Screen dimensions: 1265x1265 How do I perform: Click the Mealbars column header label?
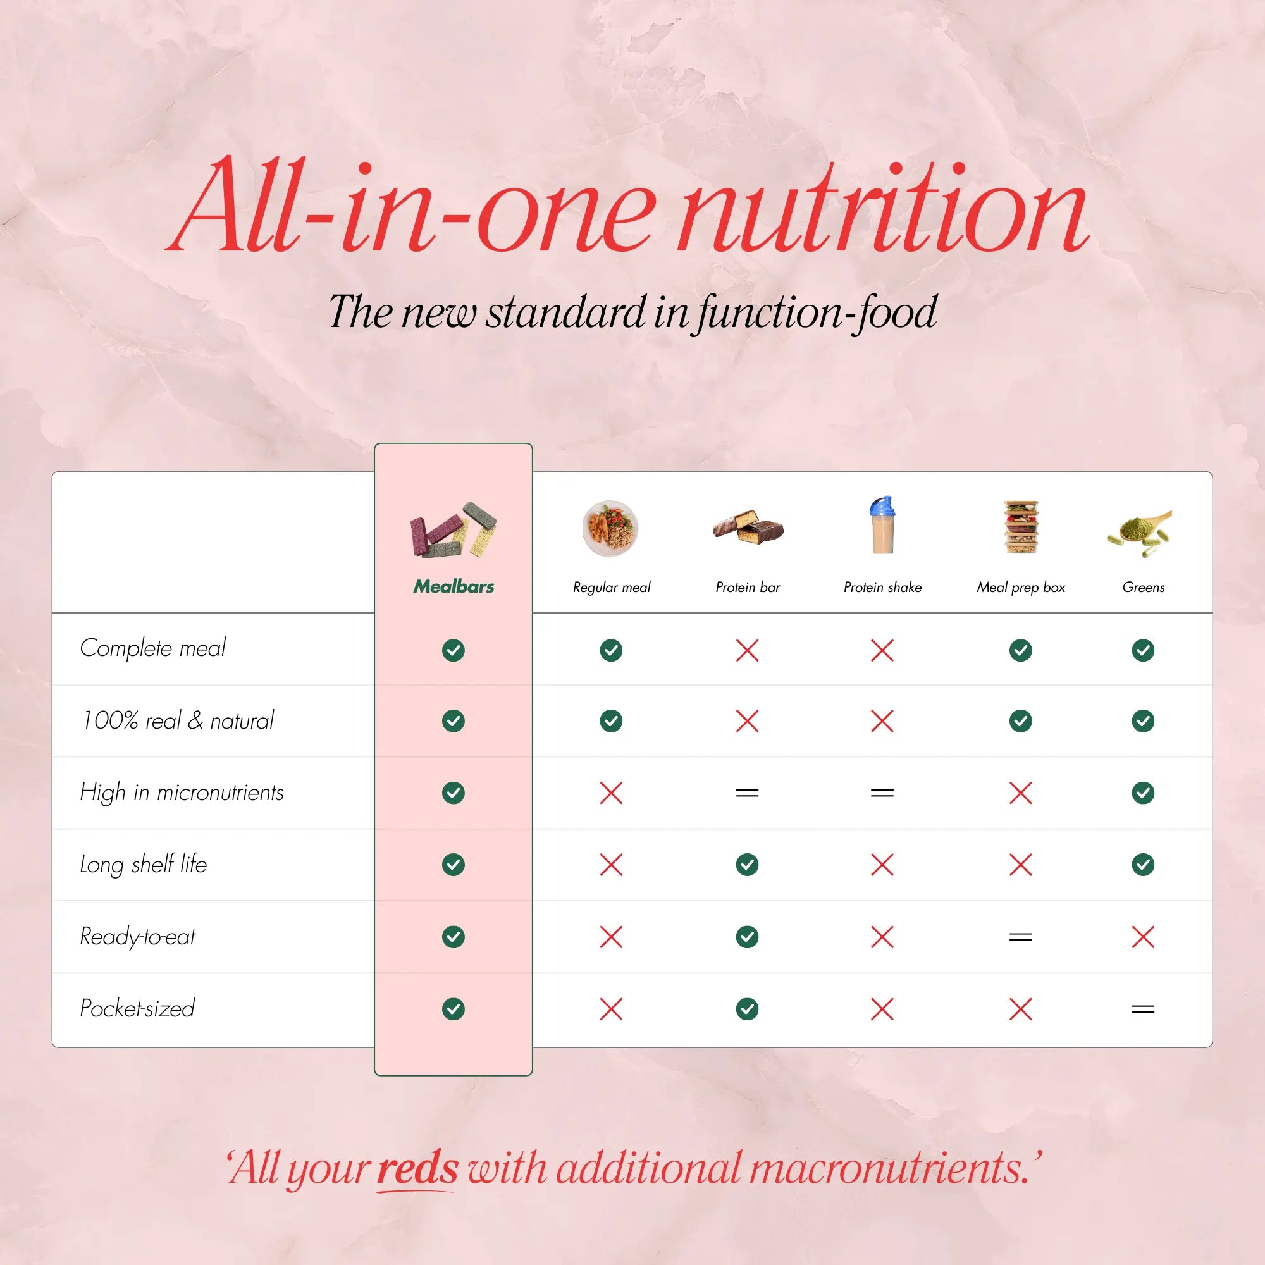(x=453, y=587)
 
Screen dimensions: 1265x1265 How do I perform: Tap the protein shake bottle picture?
(x=881, y=526)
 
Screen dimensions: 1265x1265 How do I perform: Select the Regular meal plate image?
(x=610, y=528)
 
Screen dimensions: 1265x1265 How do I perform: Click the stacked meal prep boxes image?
(x=1021, y=527)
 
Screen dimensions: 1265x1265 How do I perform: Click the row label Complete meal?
(x=152, y=648)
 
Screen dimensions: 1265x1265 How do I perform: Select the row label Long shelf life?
(x=144, y=864)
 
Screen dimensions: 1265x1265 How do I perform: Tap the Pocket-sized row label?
(x=137, y=1008)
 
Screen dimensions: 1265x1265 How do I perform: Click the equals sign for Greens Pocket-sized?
(x=1142, y=1009)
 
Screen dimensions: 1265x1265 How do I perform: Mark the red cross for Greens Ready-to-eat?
(x=1142, y=937)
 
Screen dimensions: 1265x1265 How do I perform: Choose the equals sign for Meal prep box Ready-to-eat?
(x=1020, y=937)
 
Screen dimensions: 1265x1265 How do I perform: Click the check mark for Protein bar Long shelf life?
(x=747, y=864)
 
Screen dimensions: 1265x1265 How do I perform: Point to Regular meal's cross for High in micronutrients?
(x=611, y=793)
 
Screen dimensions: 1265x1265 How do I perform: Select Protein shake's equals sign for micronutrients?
(x=882, y=793)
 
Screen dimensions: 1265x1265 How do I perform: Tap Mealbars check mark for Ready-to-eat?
(x=453, y=937)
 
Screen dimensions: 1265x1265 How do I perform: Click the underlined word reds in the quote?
(x=417, y=1168)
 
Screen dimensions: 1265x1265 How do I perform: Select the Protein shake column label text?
(x=882, y=588)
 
